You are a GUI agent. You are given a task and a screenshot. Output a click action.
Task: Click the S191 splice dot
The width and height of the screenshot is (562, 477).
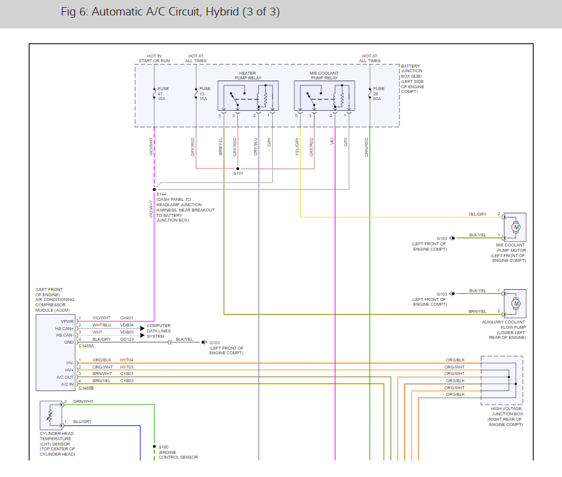237,168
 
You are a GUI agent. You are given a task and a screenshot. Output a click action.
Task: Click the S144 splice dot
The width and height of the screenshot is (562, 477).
154,189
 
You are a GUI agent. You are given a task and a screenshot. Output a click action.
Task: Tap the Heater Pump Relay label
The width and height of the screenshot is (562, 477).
247,75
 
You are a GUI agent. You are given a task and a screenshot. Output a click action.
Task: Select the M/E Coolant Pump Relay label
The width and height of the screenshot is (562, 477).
324,75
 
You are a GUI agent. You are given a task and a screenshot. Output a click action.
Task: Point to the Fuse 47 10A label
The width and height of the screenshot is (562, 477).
163,94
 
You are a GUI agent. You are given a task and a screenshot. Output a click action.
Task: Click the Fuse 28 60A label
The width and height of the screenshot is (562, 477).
379,94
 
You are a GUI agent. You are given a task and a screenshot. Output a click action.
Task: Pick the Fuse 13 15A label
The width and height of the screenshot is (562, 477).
205,94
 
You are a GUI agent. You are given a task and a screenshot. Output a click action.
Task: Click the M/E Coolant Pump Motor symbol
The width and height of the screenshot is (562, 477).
516,227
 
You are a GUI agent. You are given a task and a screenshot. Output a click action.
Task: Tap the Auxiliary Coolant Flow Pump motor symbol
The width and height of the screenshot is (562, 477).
516,304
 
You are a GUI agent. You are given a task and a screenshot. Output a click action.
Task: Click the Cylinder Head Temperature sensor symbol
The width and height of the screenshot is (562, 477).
51,415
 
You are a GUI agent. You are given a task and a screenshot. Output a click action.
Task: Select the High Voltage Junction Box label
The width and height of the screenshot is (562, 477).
506,417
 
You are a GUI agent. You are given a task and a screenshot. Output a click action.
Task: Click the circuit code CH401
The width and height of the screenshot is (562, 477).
127,318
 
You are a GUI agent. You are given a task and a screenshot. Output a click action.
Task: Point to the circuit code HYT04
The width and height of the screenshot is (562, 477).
127,360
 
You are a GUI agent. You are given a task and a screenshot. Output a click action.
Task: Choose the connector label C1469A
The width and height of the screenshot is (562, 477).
86,346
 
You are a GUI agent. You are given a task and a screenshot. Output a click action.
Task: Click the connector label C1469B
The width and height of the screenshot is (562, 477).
86,388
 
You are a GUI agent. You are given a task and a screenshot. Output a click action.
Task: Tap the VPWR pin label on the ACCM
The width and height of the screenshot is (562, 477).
67,321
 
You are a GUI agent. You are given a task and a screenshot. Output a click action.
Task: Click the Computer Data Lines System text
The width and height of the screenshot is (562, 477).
159,331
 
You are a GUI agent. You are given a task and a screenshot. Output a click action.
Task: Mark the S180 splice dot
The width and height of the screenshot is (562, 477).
154,447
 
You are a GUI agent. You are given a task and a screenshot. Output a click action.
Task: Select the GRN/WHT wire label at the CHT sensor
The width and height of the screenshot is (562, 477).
83,402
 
